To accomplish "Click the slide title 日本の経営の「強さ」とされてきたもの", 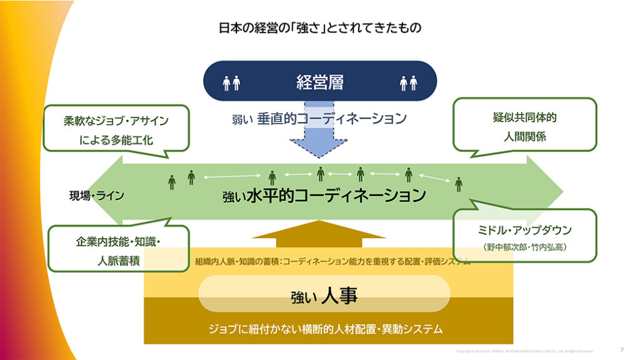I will coord(319,28).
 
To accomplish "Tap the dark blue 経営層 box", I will coord(320,82).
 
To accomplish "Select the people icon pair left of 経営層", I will coord(231,82).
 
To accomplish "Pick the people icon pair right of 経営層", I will coord(408,82).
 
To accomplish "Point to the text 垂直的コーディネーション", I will coord(331,118).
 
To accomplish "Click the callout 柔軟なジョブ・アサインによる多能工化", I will coord(116,130).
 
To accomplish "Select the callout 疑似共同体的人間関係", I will coord(524,125).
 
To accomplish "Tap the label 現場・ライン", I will coord(96,196).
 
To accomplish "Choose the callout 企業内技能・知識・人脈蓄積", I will coord(118,250).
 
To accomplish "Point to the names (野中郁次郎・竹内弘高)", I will coord(524,247).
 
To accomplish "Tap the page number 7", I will coord(621,350).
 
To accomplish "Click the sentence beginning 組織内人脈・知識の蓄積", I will coord(332,261).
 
